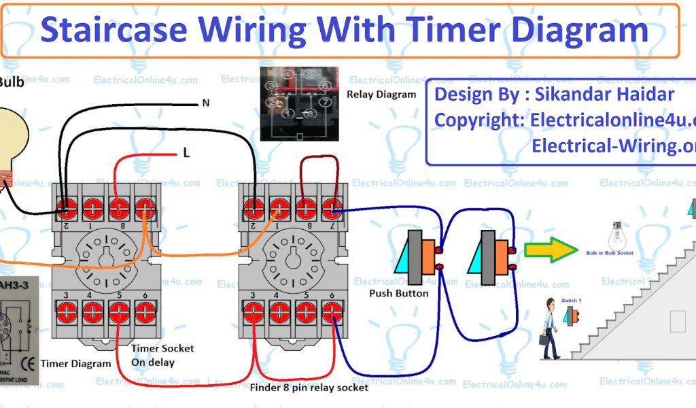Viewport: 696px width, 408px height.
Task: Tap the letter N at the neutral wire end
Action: [x=205, y=103]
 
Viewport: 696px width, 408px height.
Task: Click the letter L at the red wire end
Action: [x=186, y=153]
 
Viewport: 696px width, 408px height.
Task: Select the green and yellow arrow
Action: [x=550, y=250]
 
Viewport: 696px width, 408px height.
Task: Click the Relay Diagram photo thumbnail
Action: [x=299, y=103]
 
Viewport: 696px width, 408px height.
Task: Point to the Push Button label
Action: [x=398, y=293]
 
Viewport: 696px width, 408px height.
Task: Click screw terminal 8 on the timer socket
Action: [x=119, y=208]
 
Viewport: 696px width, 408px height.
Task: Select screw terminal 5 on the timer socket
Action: [x=119, y=312]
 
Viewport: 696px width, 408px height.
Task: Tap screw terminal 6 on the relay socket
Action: [x=332, y=312]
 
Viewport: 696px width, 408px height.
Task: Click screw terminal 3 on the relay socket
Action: [x=253, y=312]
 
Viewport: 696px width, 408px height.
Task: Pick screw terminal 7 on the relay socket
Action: [x=332, y=208]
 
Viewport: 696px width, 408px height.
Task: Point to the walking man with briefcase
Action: [x=550, y=330]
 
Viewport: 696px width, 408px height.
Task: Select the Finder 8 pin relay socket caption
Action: [x=309, y=388]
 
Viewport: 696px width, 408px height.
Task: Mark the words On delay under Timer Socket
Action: [x=152, y=362]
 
